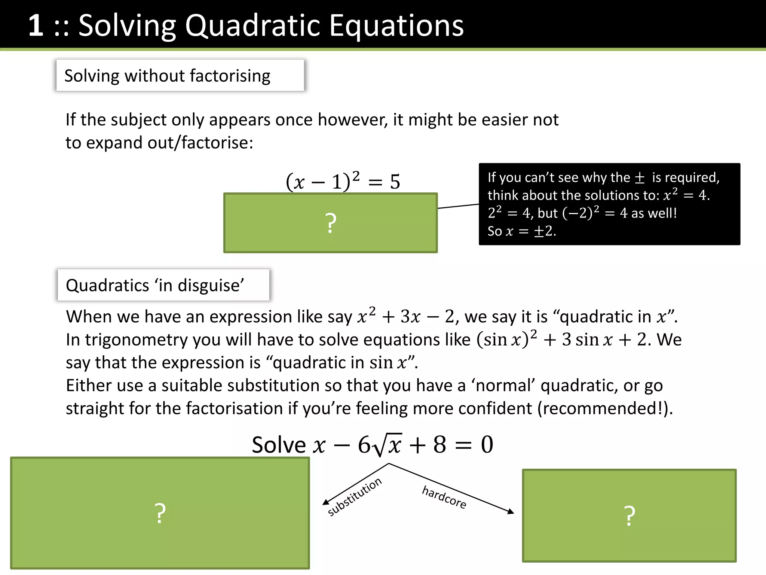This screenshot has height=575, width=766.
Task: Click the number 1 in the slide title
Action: (36, 25)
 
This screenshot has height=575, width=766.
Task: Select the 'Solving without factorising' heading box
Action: (180, 76)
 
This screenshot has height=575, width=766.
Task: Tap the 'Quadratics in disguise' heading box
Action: (163, 285)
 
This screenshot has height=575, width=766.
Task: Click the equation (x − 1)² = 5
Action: (343, 182)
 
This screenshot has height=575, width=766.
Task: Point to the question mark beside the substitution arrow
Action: (160, 513)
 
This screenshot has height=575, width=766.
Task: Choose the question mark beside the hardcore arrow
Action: (629, 516)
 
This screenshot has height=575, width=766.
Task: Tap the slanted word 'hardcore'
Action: (444, 497)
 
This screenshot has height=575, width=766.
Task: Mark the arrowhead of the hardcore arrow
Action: (511, 511)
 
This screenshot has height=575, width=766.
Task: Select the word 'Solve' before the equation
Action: (279, 445)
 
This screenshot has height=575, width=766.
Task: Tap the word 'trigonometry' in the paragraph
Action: (136, 340)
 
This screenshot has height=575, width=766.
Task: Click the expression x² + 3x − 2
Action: (405, 316)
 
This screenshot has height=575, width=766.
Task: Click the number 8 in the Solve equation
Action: (439, 445)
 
